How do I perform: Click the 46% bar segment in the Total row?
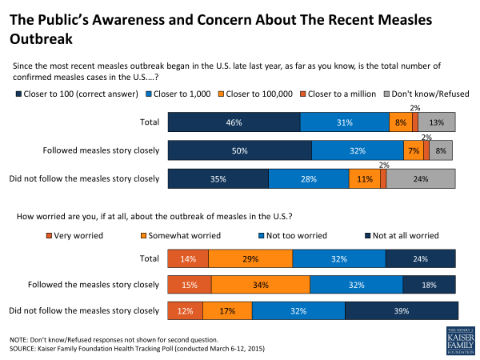(x=234, y=122)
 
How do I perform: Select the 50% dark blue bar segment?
(x=239, y=150)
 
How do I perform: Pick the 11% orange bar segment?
(x=364, y=178)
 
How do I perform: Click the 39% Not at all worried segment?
(x=401, y=311)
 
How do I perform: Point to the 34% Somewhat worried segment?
(x=260, y=284)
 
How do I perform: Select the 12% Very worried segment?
(x=185, y=311)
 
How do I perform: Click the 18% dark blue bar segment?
(x=429, y=284)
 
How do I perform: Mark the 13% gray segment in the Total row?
(x=437, y=122)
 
